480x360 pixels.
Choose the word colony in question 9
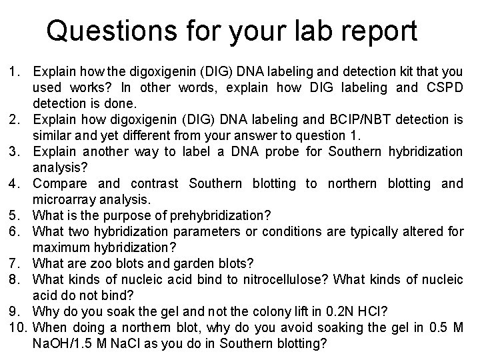(x=275, y=311)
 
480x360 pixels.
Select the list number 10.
(x=17, y=327)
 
